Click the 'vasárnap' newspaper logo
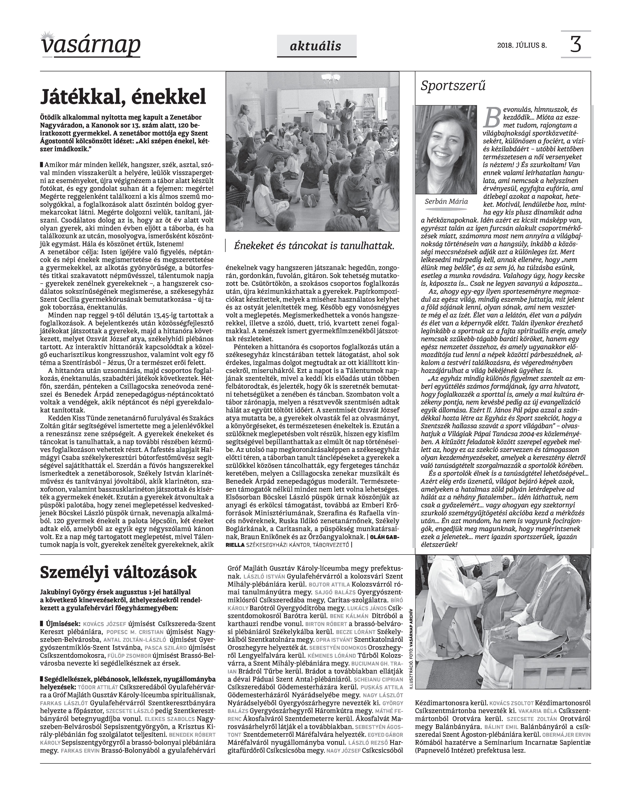pos(91,45)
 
